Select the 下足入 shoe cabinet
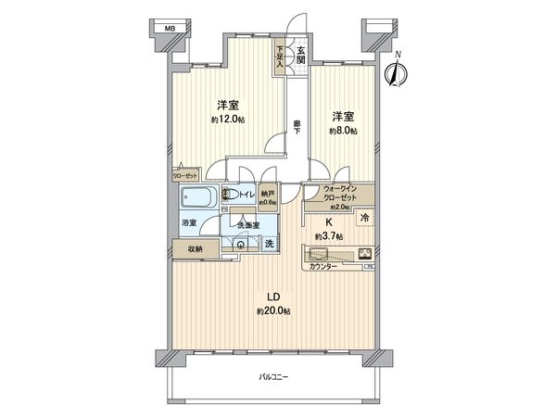tap(281, 58)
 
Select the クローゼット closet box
tap(184, 174)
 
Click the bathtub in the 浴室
tap(198, 198)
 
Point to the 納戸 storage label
tap(268, 193)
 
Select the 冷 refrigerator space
tap(366, 219)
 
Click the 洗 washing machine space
tap(269, 244)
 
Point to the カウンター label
tap(322, 267)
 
